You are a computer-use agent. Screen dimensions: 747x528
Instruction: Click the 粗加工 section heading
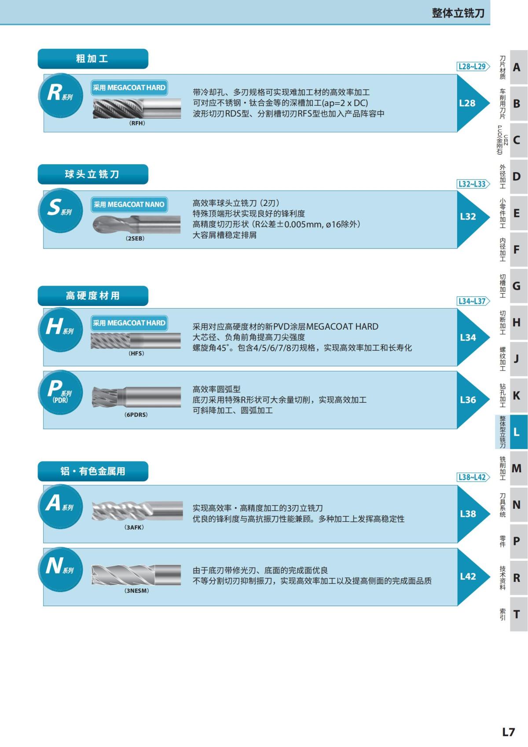coord(92,59)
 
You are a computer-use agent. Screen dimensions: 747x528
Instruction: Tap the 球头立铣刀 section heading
coord(92,174)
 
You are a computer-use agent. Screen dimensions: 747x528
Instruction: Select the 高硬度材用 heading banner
coord(92,296)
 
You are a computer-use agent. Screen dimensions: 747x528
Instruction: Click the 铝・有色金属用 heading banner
coord(92,471)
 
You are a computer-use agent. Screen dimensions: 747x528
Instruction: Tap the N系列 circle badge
coord(60,568)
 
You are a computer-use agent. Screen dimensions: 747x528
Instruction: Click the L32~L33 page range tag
coord(473,184)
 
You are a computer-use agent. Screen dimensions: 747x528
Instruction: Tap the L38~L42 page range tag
coord(473,477)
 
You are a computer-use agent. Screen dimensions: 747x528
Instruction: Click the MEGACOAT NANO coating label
coord(129,205)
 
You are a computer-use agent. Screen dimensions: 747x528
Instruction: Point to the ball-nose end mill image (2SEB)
coord(136,224)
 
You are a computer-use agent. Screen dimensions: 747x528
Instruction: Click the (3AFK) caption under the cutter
coord(134,527)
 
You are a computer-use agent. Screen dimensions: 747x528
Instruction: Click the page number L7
coord(508,732)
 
